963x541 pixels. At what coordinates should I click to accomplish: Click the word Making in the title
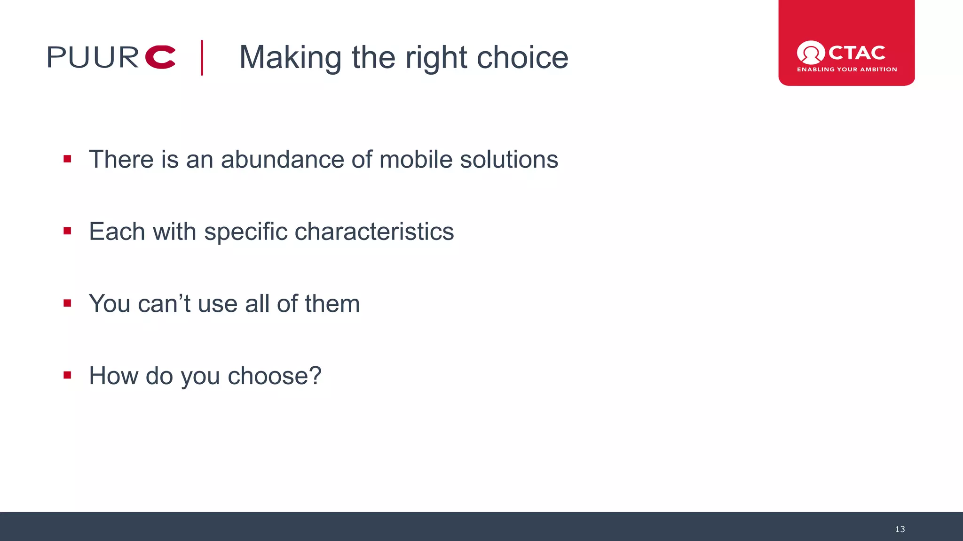click(x=290, y=58)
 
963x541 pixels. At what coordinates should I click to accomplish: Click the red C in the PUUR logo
click(x=160, y=57)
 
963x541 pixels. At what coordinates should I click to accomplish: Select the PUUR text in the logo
click(x=93, y=57)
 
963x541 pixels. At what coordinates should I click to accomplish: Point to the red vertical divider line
click(x=202, y=58)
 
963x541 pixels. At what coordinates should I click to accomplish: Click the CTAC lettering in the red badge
click(x=856, y=53)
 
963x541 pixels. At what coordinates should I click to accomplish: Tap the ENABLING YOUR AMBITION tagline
click(x=846, y=70)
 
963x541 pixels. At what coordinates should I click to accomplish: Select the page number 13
click(x=900, y=529)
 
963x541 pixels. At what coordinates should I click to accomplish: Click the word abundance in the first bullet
click(x=282, y=160)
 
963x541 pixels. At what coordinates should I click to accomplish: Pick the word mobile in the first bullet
click(x=416, y=160)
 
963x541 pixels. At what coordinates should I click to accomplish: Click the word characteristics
click(x=374, y=232)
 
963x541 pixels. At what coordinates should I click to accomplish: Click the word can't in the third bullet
click(x=164, y=304)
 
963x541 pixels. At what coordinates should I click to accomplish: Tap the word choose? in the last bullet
click(x=274, y=376)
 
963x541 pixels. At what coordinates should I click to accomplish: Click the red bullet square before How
click(x=67, y=375)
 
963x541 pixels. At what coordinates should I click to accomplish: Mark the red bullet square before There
click(x=67, y=159)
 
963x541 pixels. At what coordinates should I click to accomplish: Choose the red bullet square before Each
click(x=67, y=231)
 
